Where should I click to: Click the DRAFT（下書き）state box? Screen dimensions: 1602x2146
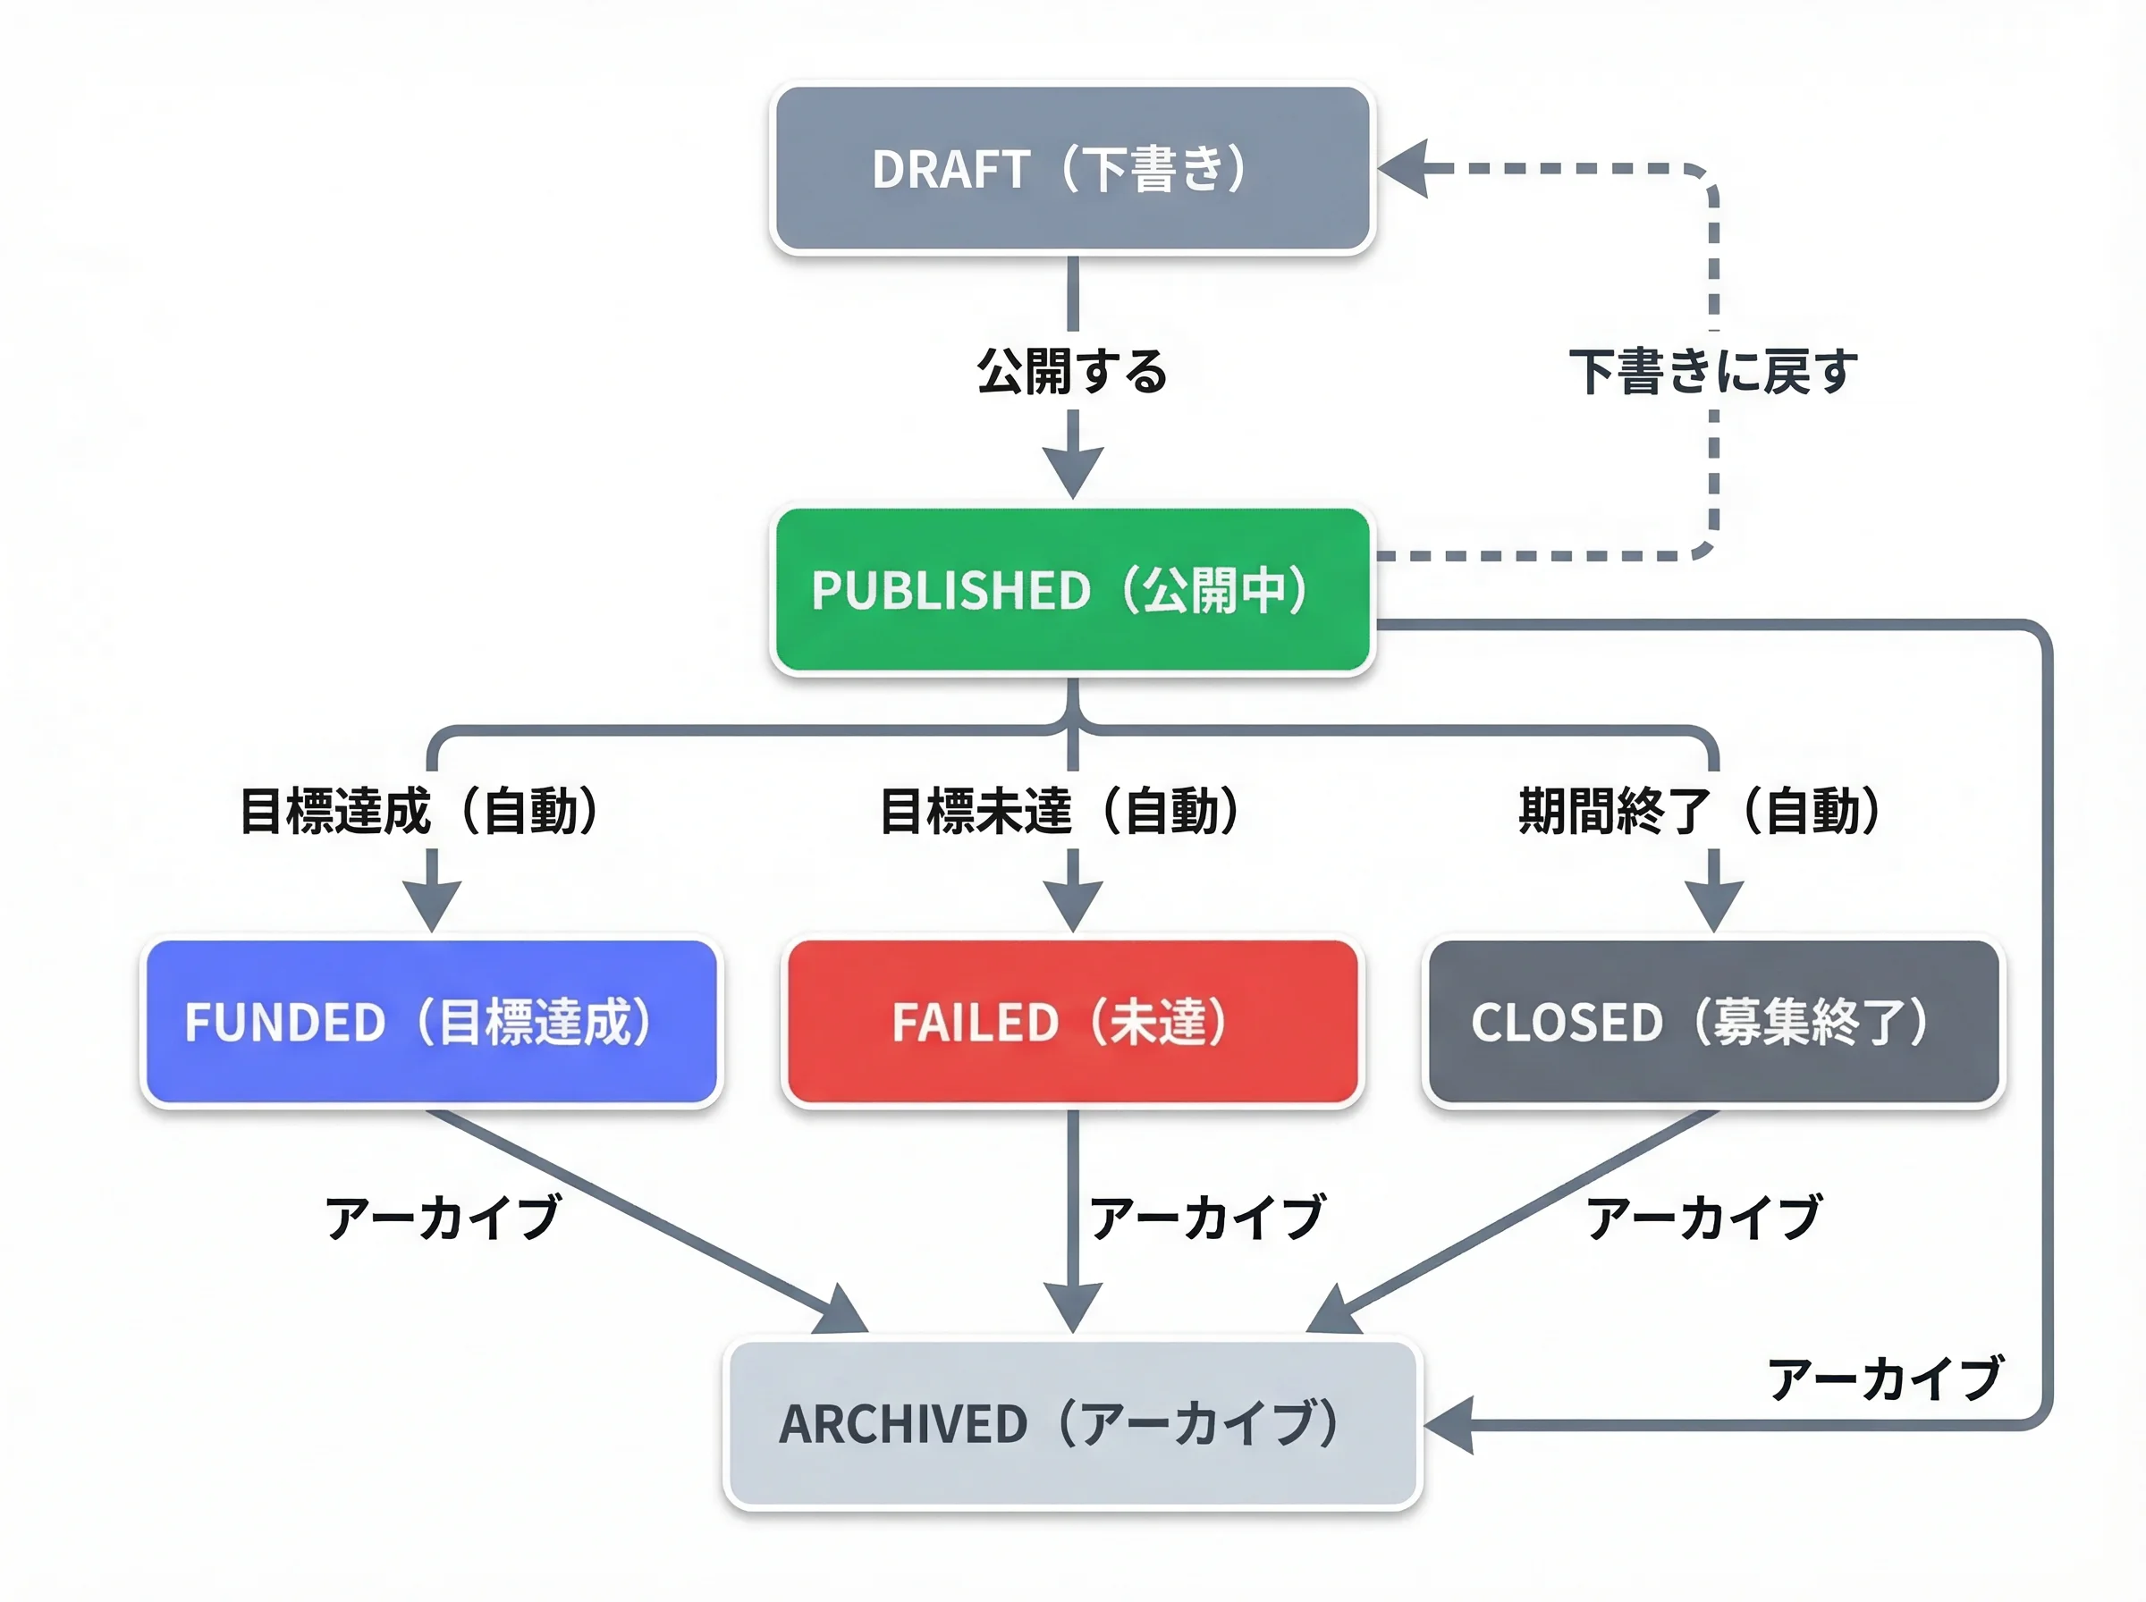tap(1072, 169)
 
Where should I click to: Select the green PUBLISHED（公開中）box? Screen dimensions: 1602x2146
tap(1072, 590)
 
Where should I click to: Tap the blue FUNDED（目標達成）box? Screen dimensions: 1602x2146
tap(432, 1021)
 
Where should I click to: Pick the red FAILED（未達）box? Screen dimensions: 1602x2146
tap(1072, 1021)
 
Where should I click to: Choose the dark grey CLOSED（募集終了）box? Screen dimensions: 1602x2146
tap(1713, 1021)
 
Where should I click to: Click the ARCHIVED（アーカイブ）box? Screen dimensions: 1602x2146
tap(1072, 1423)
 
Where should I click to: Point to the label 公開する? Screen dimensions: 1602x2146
tap(1072, 371)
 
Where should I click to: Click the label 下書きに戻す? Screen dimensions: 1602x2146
tap(1713, 371)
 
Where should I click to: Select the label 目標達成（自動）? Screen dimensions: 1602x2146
tap(420, 811)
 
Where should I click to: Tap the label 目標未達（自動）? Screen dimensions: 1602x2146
tap(1060, 811)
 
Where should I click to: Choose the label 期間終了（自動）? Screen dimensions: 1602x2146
tap(1701, 811)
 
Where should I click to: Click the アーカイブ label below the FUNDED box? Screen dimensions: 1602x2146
tap(444, 1218)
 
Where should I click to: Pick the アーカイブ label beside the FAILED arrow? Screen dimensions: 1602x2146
tap(1207, 1218)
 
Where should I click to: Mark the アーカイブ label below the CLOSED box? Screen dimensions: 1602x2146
tap(1703, 1218)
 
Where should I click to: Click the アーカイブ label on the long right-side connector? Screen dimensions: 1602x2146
tap(1884, 1379)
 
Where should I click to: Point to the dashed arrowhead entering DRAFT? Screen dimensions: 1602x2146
tap(1404, 169)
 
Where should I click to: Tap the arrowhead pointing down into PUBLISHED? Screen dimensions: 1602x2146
tap(1072, 471)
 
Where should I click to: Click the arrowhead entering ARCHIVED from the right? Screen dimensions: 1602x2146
tap(1450, 1424)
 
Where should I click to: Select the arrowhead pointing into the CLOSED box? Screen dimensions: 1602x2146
tap(1713, 904)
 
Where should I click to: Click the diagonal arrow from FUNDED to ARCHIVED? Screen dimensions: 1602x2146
tap(640, 1218)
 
